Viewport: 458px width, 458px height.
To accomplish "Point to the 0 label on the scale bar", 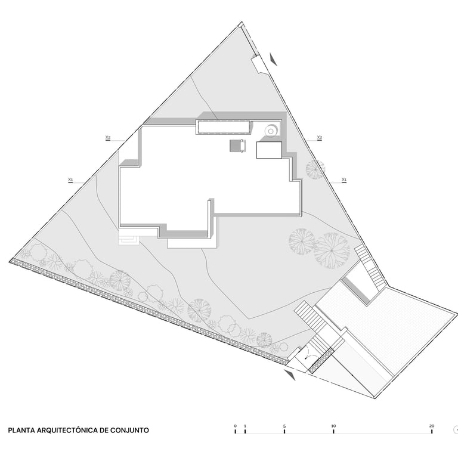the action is tap(235, 426).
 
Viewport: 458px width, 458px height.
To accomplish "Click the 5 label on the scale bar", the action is tap(284, 426).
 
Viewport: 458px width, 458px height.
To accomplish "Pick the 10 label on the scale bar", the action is tap(333, 426).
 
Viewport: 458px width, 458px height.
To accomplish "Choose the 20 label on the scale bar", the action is tap(432, 426).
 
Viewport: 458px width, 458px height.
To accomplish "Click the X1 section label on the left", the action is tap(70, 180).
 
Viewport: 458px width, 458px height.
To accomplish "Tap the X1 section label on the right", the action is tap(344, 180).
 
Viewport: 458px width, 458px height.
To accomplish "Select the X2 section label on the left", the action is tap(108, 137).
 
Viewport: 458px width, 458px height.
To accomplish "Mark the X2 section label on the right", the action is tap(320, 137).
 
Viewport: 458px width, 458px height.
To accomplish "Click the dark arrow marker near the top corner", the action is tap(274, 60).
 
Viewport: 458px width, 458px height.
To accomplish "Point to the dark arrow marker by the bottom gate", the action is tap(290, 375).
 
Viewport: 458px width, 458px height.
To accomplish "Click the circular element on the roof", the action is tap(271, 131).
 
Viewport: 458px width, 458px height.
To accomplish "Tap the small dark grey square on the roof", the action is tap(237, 146).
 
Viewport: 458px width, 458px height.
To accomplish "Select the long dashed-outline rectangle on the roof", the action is tap(224, 127).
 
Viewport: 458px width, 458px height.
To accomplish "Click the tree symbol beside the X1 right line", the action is tap(315, 169).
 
